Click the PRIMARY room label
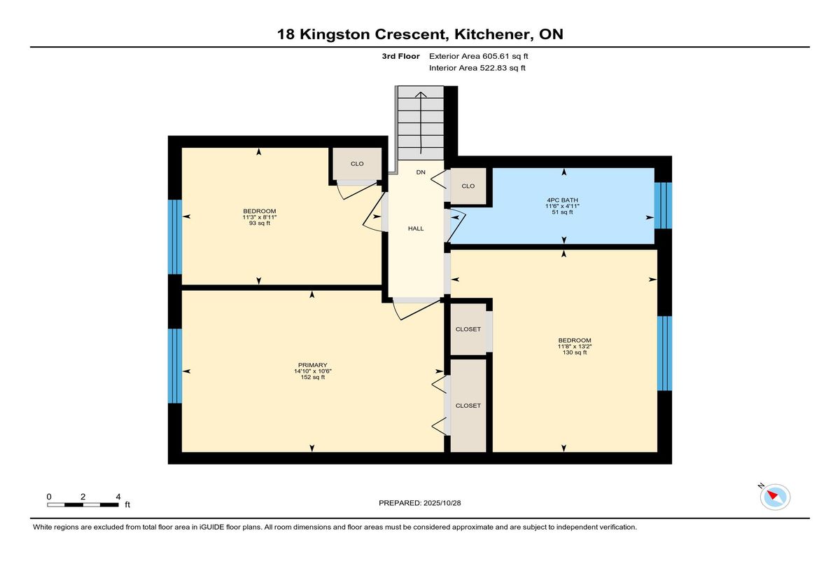[x=313, y=365]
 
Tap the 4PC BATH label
[x=562, y=200]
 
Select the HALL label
[x=416, y=228]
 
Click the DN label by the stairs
[x=421, y=172]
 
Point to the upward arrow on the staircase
[x=421, y=123]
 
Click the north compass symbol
[x=775, y=497]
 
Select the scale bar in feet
[x=83, y=505]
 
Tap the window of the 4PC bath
[x=663, y=206]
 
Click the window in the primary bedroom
[x=175, y=366]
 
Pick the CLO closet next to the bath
[x=468, y=186]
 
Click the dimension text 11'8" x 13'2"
[x=575, y=347]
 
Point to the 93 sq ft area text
[x=260, y=223]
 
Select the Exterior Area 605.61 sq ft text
[x=479, y=56]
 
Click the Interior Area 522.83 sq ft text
[x=477, y=68]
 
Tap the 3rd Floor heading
[x=400, y=56]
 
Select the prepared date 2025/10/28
[x=442, y=503]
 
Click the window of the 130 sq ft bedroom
[x=664, y=354]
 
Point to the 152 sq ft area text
[x=313, y=377]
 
